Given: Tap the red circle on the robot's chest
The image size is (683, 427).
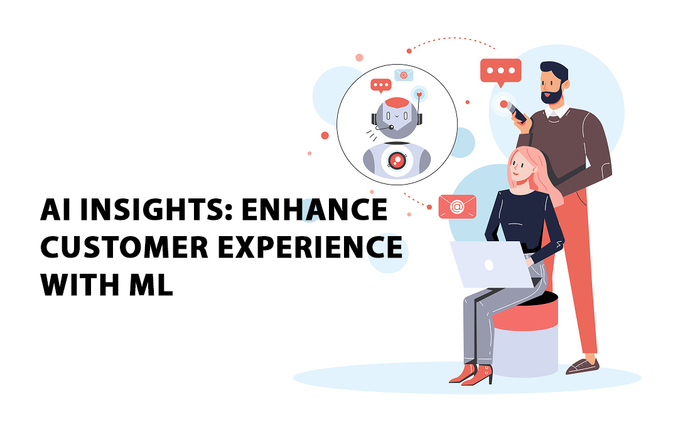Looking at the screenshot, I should pyautogui.click(x=396, y=161).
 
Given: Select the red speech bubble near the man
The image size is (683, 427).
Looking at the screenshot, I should pyautogui.click(x=500, y=71).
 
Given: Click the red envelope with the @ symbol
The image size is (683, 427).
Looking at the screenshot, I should pyautogui.click(x=457, y=206).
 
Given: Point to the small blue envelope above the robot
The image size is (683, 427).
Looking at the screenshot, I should pyautogui.click(x=403, y=75).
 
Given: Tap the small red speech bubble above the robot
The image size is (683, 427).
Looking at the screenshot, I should pyautogui.click(x=380, y=85).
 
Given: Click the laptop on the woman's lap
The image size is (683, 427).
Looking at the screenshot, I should pyautogui.click(x=489, y=264).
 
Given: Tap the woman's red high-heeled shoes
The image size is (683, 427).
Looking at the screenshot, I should pyautogui.click(x=472, y=374).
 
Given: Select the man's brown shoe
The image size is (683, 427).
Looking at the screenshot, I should pyautogui.click(x=582, y=365).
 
